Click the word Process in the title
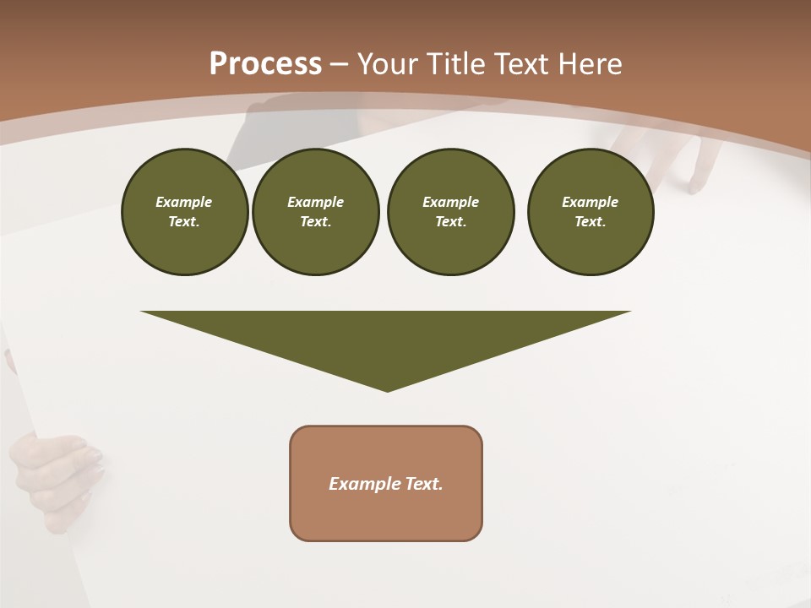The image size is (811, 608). tap(265, 64)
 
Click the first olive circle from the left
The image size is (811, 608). tap(184, 212)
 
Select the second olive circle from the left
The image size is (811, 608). tap(315, 212)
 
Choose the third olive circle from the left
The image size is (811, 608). tap(450, 212)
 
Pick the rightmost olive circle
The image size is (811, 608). tap(590, 212)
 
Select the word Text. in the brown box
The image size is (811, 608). tap(423, 484)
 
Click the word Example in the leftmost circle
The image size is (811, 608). tap(184, 202)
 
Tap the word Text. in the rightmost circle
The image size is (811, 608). tap(590, 222)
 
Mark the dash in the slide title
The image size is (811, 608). tap(339, 64)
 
